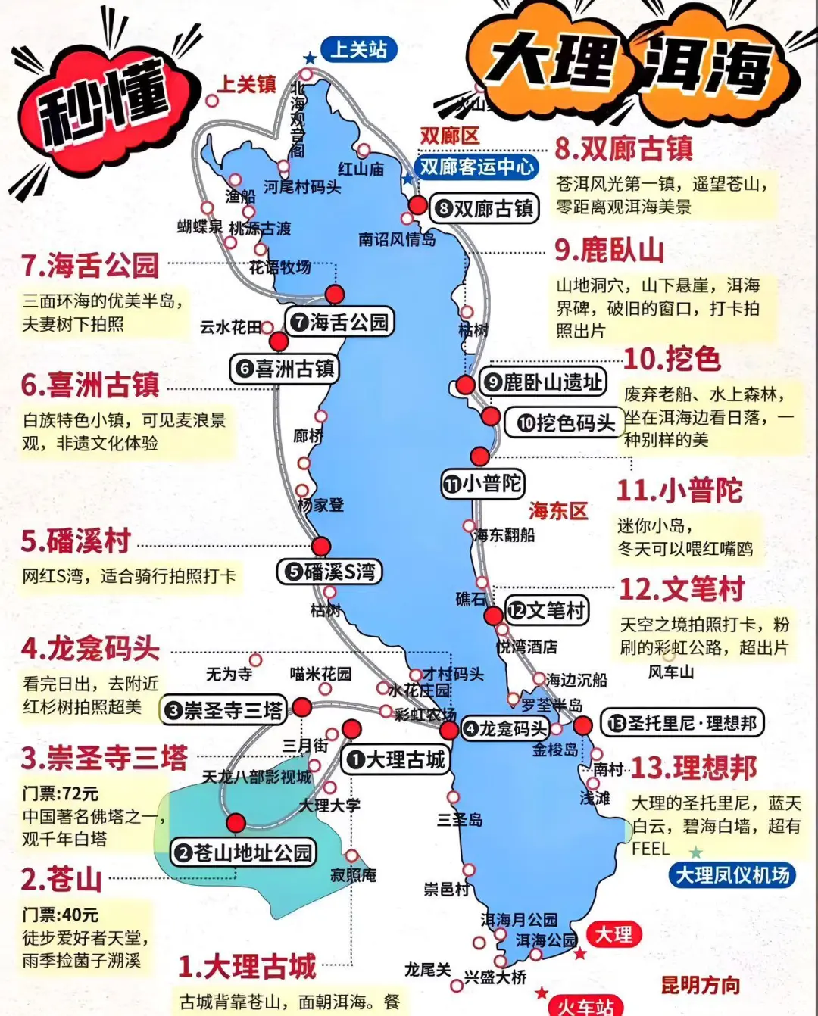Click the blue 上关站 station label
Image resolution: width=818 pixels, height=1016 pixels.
(358, 50)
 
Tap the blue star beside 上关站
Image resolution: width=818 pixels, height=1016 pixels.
(310, 58)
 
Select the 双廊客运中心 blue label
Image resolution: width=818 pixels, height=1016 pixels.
(477, 167)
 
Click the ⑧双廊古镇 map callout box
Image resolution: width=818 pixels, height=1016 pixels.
(485, 208)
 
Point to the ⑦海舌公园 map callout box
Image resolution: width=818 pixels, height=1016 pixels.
(340, 323)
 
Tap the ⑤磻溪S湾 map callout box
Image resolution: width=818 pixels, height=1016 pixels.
(329, 572)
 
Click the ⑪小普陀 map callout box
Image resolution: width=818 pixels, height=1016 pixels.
(483, 483)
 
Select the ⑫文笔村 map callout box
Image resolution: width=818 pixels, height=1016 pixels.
(547, 610)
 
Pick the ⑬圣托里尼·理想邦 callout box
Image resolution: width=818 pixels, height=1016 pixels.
(682, 723)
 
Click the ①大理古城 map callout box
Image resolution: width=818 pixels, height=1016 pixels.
(396, 759)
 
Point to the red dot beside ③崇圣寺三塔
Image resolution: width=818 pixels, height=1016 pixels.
(302, 708)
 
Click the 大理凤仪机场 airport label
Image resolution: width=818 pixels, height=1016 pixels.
(732, 875)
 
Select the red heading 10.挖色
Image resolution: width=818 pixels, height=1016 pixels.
(672, 359)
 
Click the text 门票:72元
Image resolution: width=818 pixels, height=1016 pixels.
(61, 793)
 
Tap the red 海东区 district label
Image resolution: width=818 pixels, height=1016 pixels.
(558, 511)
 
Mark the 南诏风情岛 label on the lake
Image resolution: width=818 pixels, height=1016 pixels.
(397, 239)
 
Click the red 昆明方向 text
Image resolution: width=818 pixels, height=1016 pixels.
(700, 985)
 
